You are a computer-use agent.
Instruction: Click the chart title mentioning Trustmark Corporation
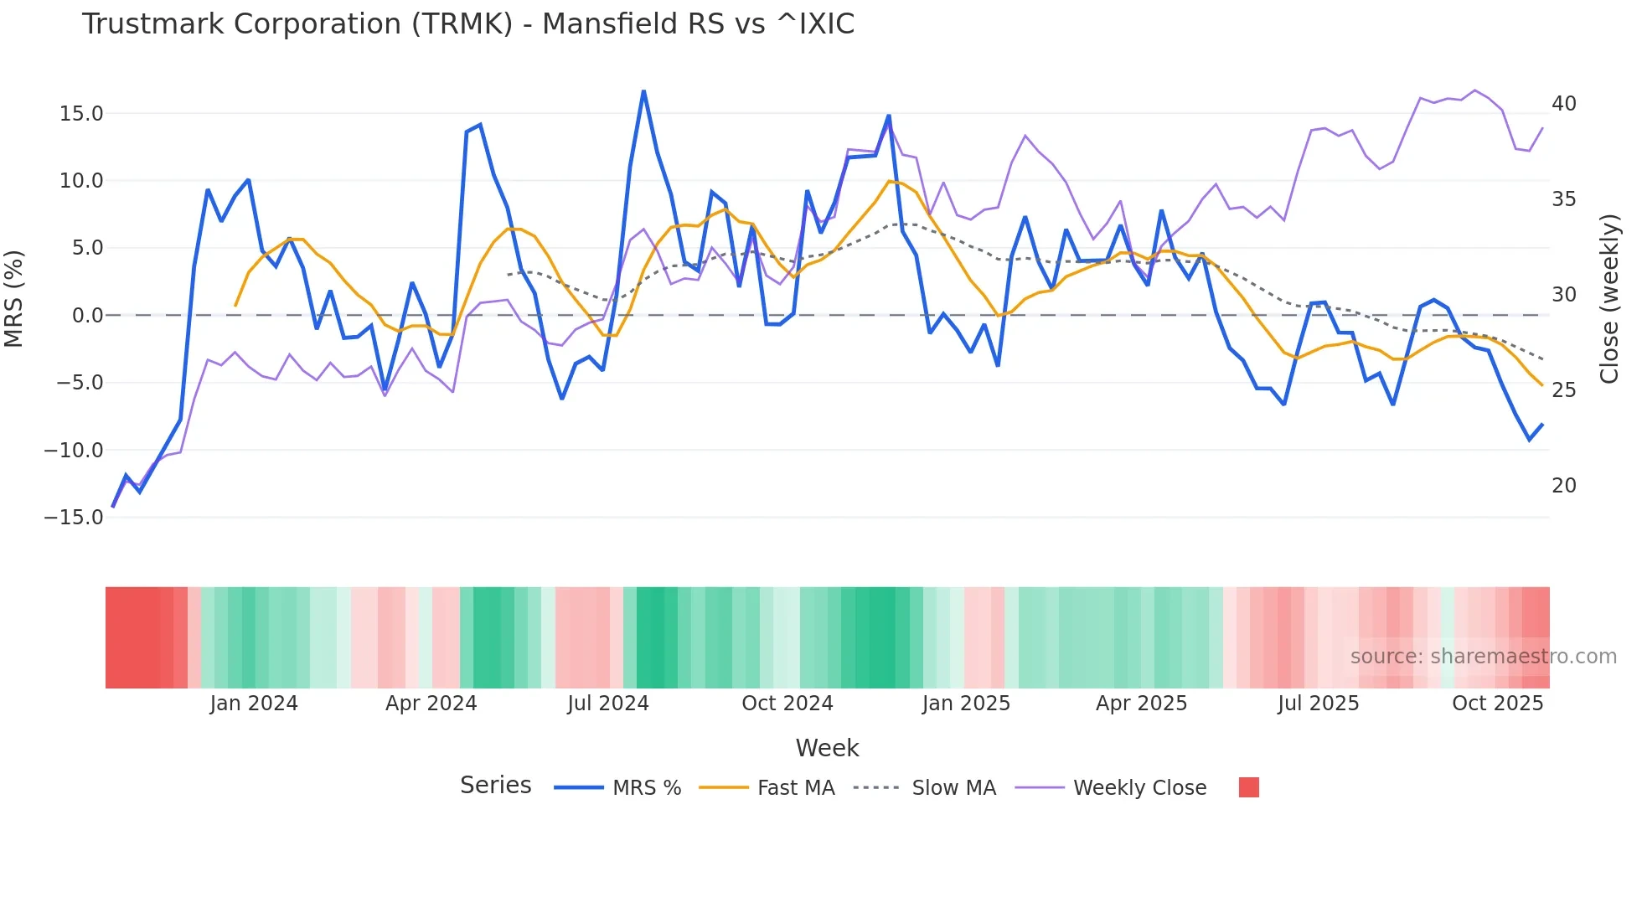[x=467, y=24]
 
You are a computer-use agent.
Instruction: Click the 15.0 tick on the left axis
[x=81, y=114]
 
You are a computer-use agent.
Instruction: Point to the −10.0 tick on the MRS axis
[x=74, y=451]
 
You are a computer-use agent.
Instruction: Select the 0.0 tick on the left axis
[x=87, y=316]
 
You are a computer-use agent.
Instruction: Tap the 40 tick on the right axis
[x=1563, y=104]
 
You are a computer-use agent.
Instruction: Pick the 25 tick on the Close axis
[x=1563, y=390]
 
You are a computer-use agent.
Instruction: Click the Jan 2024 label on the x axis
[x=254, y=704]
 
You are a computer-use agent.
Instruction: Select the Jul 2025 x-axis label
[x=1318, y=704]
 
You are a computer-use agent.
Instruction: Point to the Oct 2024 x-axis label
[x=787, y=704]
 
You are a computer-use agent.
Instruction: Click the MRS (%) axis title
[x=14, y=298]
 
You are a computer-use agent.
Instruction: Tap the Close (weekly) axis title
[x=1609, y=299]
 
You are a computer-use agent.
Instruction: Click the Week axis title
[x=827, y=748]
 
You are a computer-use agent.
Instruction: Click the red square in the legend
[x=1248, y=787]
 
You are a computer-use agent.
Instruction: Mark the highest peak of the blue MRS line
[x=643, y=90]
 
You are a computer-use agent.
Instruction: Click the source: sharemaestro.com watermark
[x=1483, y=657]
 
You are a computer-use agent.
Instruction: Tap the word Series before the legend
[x=495, y=786]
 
